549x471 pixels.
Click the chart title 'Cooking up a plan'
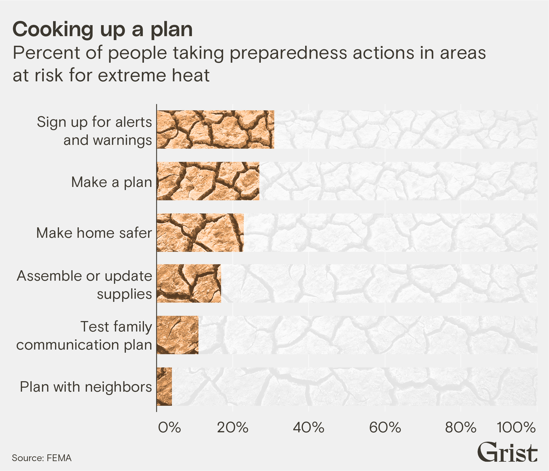(x=102, y=29)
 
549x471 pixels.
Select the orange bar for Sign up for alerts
(x=215, y=130)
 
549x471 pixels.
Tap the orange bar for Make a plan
(x=208, y=181)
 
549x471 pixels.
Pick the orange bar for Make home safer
(x=200, y=233)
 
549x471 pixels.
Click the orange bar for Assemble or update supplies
(x=189, y=284)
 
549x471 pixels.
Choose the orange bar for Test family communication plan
(x=178, y=335)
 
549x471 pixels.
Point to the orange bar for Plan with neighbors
(x=164, y=387)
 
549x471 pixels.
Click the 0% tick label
(x=169, y=428)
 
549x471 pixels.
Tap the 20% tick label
(x=233, y=428)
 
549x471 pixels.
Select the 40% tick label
(x=309, y=428)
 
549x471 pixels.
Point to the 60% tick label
(x=385, y=428)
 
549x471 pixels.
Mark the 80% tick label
(x=461, y=428)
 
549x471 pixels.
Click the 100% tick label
(x=516, y=428)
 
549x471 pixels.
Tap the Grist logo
(x=507, y=452)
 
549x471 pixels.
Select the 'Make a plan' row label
(x=111, y=182)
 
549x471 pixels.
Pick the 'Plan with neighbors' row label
(x=86, y=387)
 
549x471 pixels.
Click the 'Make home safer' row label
(x=94, y=233)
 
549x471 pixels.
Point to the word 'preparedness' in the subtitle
(x=288, y=53)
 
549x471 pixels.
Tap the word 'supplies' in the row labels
(x=124, y=294)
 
